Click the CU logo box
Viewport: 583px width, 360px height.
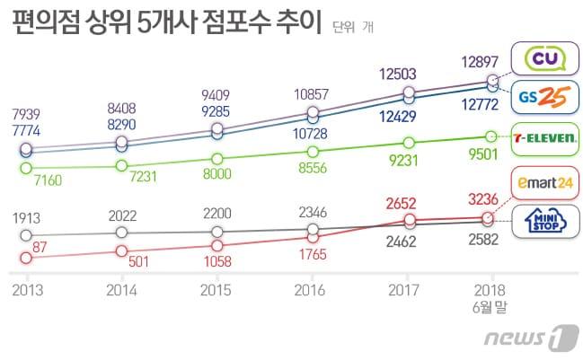click(x=540, y=58)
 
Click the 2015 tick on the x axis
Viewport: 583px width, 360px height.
click(x=216, y=291)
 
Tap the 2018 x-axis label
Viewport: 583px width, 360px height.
click(x=490, y=291)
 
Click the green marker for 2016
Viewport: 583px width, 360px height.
click(x=313, y=152)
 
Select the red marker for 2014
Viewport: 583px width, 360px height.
click(x=121, y=251)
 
